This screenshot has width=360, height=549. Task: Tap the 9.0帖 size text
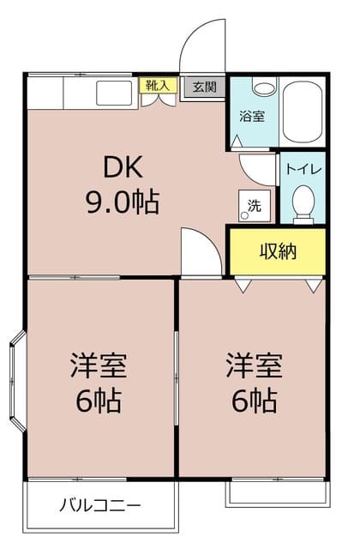(121, 202)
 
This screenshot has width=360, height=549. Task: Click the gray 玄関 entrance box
(203, 86)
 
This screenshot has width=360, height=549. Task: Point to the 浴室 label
(251, 115)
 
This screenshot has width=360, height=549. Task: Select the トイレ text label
(303, 169)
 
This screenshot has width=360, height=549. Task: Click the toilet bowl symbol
(303, 202)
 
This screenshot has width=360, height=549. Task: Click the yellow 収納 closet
(278, 251)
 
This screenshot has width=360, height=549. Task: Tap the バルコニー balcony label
(99, 504)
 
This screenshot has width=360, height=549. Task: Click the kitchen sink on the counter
(112, 92)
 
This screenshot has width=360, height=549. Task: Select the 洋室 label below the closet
(252, 365)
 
